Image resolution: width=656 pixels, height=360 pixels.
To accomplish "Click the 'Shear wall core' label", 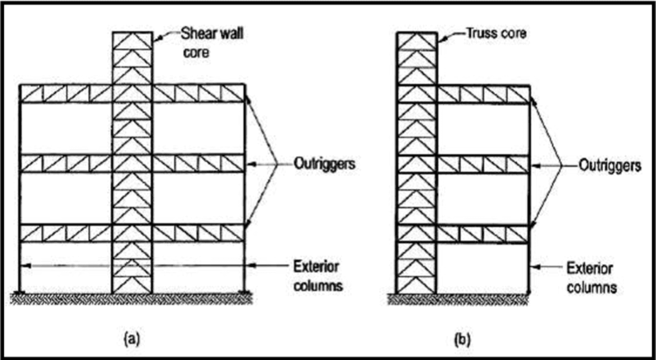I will [212, 43].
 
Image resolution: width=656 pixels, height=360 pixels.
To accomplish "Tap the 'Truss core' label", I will [496, 33].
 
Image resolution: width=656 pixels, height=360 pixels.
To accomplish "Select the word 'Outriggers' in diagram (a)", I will [324, 164].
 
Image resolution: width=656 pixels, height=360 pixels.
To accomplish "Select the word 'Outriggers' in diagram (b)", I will [609, 166].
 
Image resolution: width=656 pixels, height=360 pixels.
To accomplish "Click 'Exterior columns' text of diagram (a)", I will [317, 276].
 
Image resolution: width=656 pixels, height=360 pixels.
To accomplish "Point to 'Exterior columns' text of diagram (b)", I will [591, 278].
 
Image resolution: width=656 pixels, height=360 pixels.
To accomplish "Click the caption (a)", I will [132, 339].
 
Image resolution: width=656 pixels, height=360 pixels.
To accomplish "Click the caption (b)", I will [462, 340].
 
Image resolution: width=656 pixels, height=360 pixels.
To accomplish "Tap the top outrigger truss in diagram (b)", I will [483, 94].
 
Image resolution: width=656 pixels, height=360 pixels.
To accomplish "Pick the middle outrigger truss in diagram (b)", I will [483, 164].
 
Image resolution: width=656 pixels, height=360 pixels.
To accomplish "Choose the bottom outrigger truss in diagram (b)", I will [483, 234].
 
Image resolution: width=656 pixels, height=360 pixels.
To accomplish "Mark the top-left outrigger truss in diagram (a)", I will [66, 94].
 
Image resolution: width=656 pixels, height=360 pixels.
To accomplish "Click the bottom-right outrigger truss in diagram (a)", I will [198, 233].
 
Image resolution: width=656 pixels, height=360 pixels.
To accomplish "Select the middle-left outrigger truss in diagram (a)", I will [66, 164].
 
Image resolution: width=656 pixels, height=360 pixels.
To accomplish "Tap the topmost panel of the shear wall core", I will [132, 41].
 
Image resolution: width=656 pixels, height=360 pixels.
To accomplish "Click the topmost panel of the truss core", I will [416, 41].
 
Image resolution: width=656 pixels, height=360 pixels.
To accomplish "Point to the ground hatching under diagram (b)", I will [458, 299].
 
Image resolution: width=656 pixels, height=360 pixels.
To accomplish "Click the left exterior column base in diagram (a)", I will [20, 292].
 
